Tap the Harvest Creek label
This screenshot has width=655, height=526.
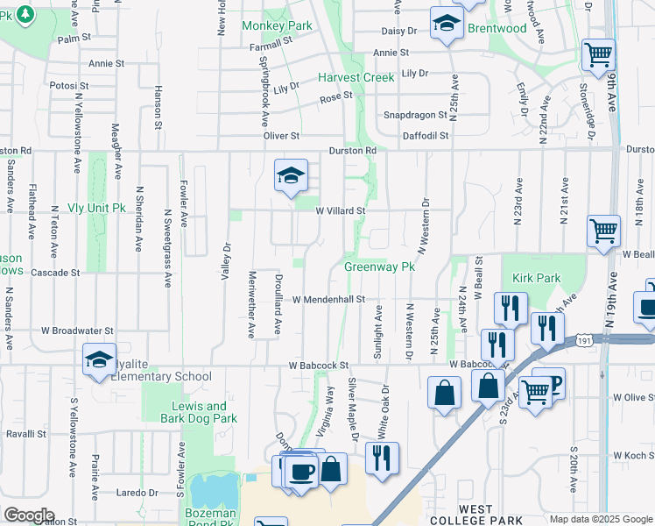click(x=356, y=77)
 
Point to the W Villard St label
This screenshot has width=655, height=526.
click(x=340, y=210)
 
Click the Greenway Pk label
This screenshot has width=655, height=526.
click(x=378, y=267)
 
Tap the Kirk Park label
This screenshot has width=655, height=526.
click(x=536, y=278)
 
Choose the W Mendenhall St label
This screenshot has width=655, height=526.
click(x=328, y=299)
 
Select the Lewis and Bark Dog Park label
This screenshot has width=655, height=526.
click(x=200, y=412)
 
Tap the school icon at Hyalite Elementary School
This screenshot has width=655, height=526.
click(x=99, y=359)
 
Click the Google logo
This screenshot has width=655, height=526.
click(x=29, y=515)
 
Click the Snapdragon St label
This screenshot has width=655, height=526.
click(x=415, y=116)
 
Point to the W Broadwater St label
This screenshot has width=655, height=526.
click(x=77, y=331)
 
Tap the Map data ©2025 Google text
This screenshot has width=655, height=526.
click(x=600, y=519)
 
